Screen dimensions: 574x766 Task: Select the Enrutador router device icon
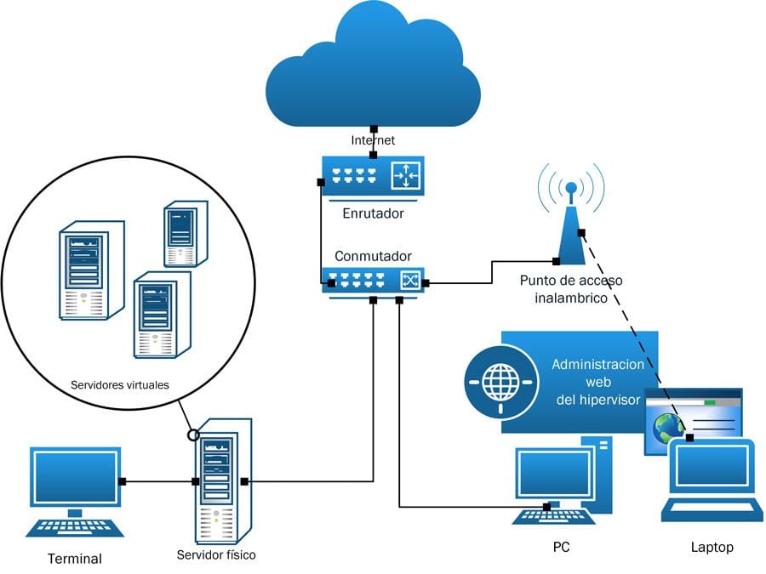click(373, 177)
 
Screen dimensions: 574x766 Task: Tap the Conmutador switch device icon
click(373, 280)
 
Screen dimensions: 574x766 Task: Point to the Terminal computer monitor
click(75, 478)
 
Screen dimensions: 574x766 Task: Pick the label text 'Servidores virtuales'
click(120, 385)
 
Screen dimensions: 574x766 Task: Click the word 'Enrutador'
click(373, 213)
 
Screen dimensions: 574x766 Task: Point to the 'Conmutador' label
click(373, 256)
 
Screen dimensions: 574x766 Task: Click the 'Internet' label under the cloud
click(373, 139)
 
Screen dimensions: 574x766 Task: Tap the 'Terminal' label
click(74, 559)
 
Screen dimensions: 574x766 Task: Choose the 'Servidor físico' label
click(216, 555)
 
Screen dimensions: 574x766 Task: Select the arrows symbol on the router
click(406, 176)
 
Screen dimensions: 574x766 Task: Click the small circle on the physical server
click(193, 435)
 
